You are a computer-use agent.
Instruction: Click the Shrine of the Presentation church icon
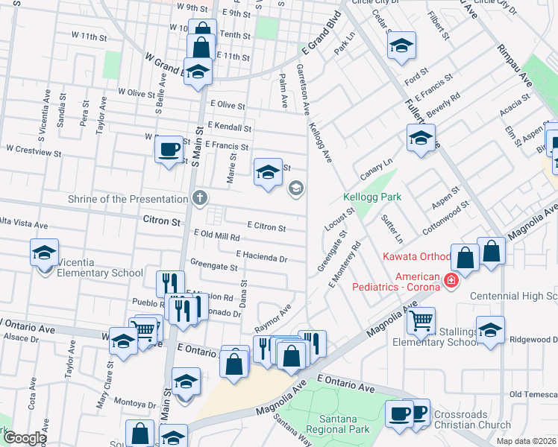(x=198, y=198)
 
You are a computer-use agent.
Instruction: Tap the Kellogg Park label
(x=372, y=197)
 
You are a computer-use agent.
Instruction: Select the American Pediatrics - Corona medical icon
(x=451, y=280)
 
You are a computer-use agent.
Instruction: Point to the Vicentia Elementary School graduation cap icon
(x=45, y=253)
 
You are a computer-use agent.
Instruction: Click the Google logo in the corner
(x=24, y=438)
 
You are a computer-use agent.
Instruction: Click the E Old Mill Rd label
(x=216, y=235)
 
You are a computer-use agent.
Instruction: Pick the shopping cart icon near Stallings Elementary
(x=421, y=321)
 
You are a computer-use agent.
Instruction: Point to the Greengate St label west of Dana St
(x=213, y=265)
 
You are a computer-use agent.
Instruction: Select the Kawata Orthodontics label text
(x=416, y=257)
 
